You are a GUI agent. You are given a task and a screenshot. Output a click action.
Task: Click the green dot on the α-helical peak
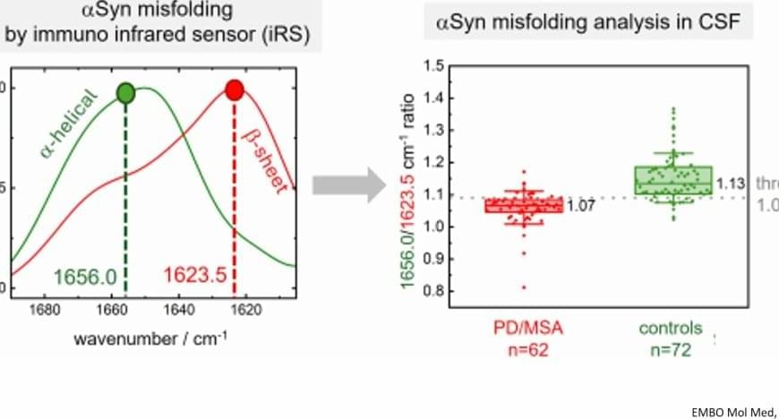pyautogui.click(x=126, y=92)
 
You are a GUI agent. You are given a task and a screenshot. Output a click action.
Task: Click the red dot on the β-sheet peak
pyautogui.click(x=235, y=90)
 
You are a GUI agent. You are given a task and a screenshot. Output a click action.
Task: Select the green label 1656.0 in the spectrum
pyautogui.click(x=85, y=278)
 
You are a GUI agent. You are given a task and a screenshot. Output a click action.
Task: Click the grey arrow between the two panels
pyautogui.click(x=347, y=185)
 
